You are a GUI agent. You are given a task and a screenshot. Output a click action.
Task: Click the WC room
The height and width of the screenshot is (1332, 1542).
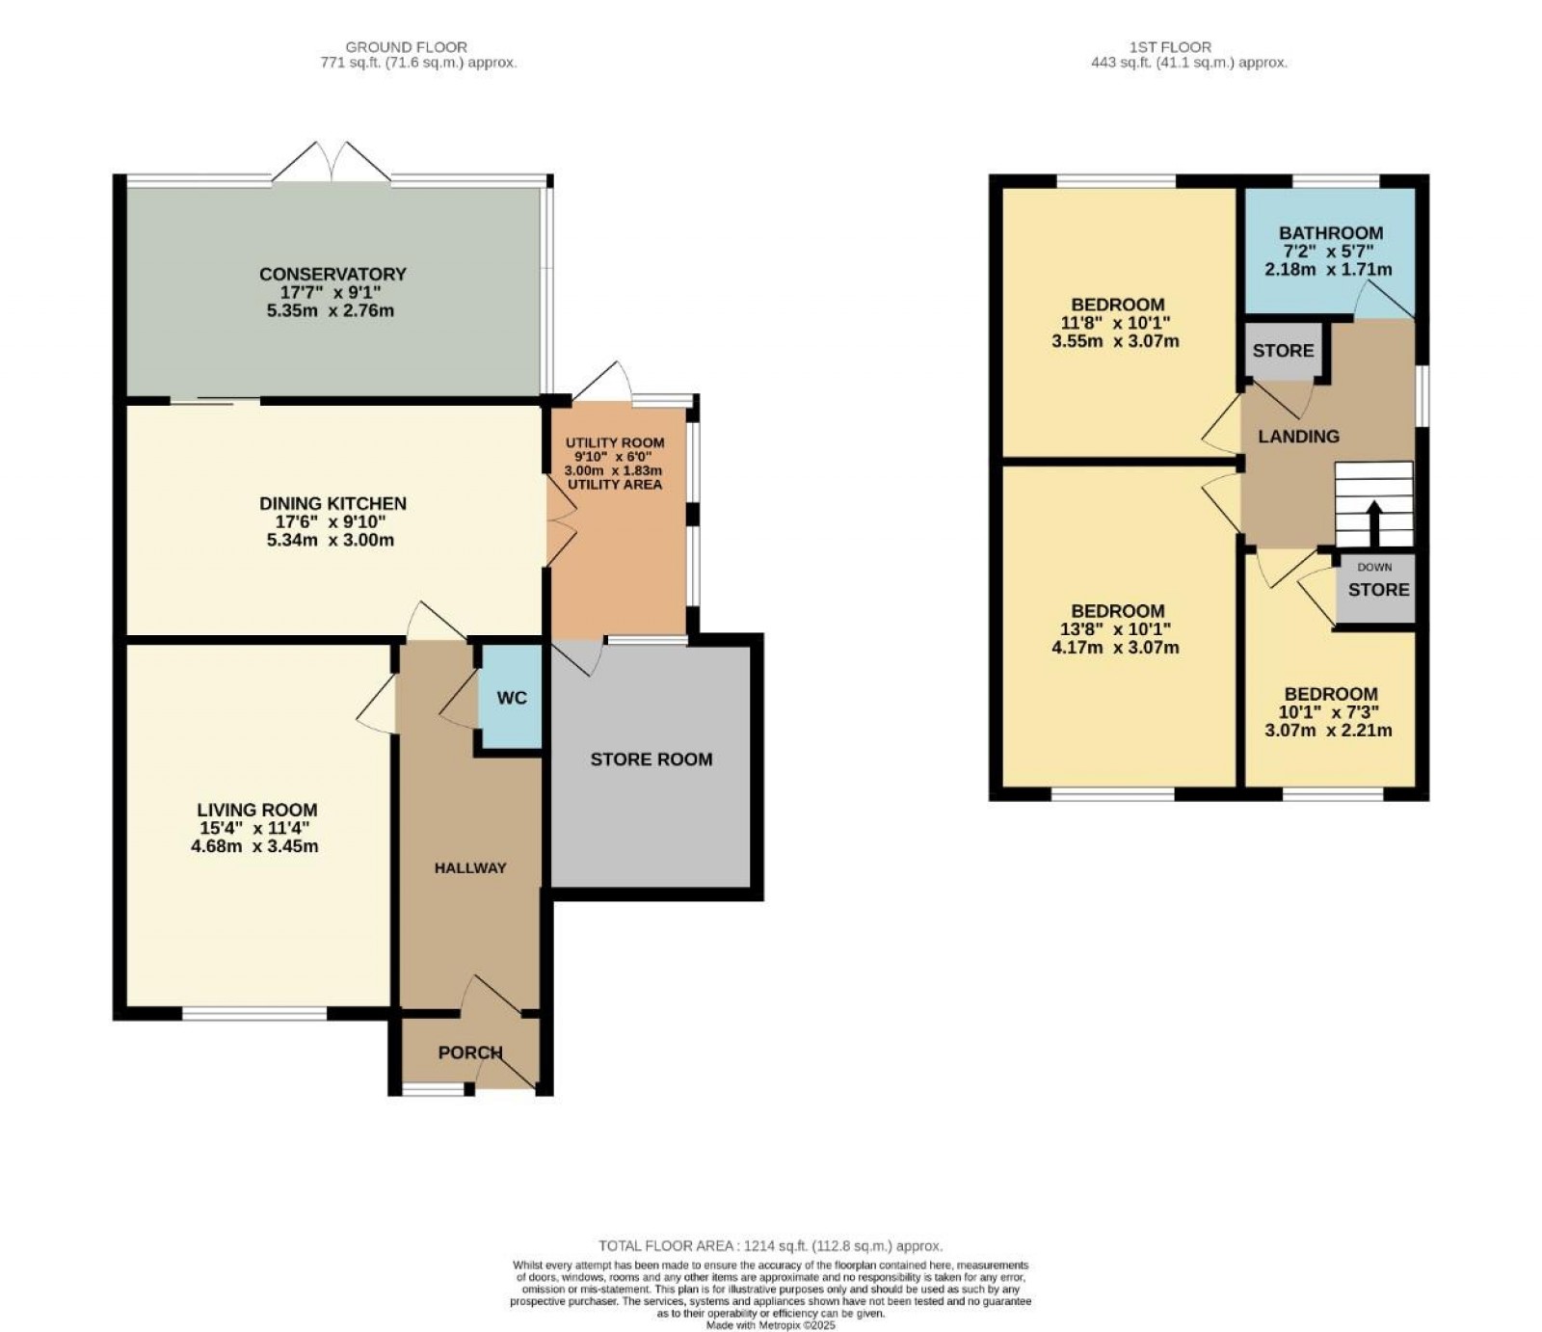pyautogui.click(x=511, y=697)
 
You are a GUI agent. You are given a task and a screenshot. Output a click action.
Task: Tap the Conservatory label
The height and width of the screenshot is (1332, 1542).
pyautogui.click(x=332, y=274)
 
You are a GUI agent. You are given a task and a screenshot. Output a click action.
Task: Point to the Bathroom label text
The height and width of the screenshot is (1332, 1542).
pyautogui.click(x=1330, y=233)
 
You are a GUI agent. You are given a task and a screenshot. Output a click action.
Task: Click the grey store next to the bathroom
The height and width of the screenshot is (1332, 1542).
pyautogui.click(x=1283, y=351)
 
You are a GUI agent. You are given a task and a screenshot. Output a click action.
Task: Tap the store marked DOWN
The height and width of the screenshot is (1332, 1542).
pyautogui.click(x=1377, y=588)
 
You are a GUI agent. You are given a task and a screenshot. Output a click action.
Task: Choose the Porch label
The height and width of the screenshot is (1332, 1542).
pyautogui.click(x=469, y=1052)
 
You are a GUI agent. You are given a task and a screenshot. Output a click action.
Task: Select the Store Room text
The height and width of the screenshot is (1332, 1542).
pyautogui.click(x=651, y=759)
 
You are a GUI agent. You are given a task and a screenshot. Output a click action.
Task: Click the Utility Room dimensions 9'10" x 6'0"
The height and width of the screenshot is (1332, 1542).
pyautogui.click(x=615, y=457)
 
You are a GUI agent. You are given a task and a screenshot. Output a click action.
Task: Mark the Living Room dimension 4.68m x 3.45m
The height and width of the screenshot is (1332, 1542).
pyautogui.click(x=255, y=846)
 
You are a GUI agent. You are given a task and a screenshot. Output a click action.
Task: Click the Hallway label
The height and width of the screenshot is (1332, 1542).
pyautogui.click(x=469, y=867)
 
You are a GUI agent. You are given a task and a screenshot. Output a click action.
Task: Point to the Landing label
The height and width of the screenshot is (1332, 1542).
pyautogui.click(x=1298, y=437)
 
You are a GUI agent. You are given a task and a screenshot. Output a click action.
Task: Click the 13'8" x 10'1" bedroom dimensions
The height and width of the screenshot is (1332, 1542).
pyautogui.click(x=1118, y=628)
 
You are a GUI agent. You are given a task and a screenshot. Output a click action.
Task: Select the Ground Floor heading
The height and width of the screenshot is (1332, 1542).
pyautogui.click(x=406, y=46)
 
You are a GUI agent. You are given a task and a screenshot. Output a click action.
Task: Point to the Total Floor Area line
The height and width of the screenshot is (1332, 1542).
pyautogui.click(x=770, y=1245)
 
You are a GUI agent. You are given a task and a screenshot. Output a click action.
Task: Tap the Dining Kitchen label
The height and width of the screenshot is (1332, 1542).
pyautogui.click(x=332, y=503)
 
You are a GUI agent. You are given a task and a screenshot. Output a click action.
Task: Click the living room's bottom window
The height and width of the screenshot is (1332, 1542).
pyautogui.click(x=254, y=1013)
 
